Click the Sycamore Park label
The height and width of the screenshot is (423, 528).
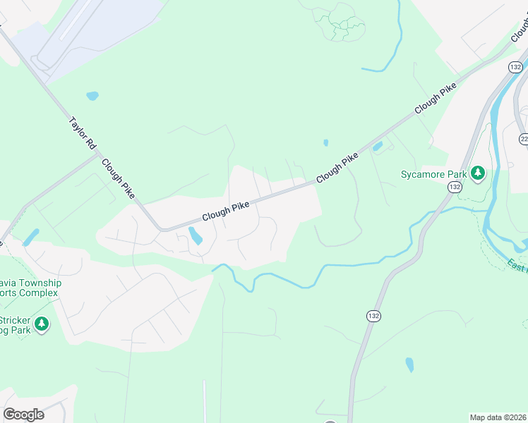point(434,173)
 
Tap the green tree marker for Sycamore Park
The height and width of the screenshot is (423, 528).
point(478,173)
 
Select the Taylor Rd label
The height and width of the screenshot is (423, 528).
point(82,132)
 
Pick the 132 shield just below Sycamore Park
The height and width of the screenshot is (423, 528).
point(454,187)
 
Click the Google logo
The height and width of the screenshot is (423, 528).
point(23,414)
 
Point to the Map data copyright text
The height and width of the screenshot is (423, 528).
point(498,417)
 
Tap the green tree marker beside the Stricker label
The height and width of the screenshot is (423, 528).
point(42,324)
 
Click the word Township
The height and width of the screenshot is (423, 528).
point(31,283)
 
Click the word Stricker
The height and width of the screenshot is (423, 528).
point(20,319)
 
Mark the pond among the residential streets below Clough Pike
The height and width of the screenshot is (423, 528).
point(196,235)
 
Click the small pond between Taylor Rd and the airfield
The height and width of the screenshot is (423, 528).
point(92,95)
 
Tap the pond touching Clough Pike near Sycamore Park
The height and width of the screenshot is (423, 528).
point(377,147)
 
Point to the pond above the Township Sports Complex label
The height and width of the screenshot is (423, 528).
point(31,237)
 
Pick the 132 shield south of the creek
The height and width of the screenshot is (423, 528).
point(372,317)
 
